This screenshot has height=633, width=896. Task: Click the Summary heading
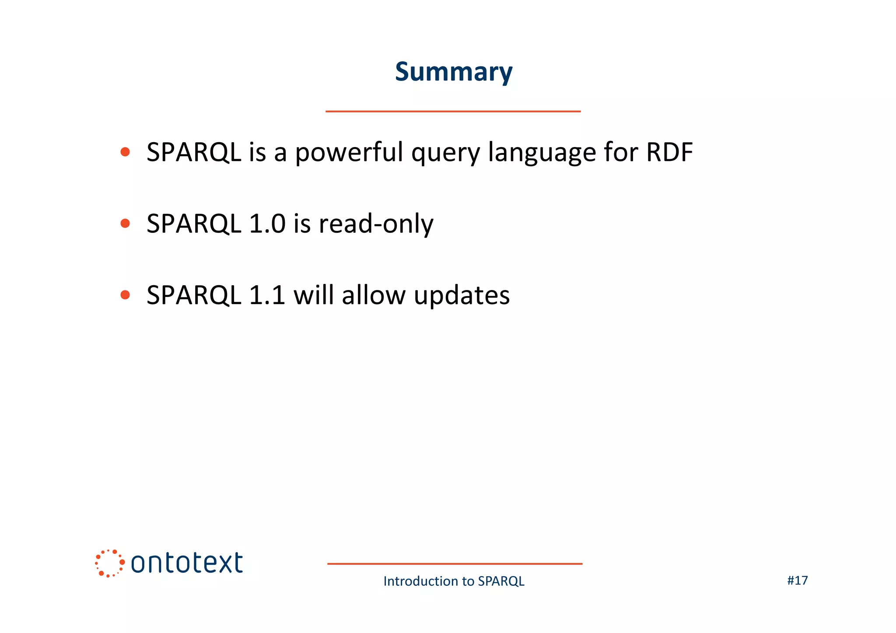coord(453,72)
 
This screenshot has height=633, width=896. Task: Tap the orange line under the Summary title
coord(453,112)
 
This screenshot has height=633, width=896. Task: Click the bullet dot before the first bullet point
coord(125,152)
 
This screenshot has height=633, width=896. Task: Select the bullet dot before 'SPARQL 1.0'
coord(125,224)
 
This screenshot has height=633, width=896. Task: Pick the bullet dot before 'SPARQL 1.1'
coord(125,295)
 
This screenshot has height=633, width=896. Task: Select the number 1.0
coord(267,224)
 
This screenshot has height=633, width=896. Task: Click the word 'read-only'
coord(376,224)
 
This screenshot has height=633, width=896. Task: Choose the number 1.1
coord(267,295)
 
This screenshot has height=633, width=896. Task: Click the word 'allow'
coord(374,295)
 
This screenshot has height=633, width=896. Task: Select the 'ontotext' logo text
coord(187,563)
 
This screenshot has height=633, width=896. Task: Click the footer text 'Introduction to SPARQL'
coord(454,581)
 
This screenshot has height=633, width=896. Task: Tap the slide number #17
coord(797,581)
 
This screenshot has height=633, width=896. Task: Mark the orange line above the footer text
coord(455,564)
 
